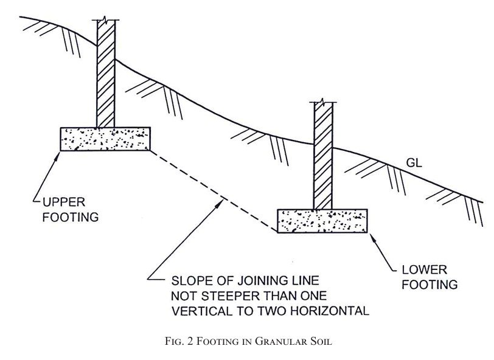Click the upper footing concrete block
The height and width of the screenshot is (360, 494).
click(x=105, y=139)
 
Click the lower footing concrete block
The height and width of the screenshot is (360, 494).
click(x=322, y=221)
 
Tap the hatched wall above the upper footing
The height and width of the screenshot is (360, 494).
click(x=106, y=74)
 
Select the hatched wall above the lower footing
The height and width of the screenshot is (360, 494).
click(x=323, y=156)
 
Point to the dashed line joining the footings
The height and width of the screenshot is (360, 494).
click(x=214, y=191)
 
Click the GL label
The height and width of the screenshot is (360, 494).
click(x=414, y=163)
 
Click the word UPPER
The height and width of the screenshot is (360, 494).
click(x=64, y=202)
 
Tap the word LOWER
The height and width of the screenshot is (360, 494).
click(x=425, y=269)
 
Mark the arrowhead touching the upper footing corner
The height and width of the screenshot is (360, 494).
click(x=57, y=156)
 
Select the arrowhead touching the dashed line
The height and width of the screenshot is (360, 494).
click(x=219, y=204)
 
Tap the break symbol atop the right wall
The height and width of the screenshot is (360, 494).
click(x=322, y=102)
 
